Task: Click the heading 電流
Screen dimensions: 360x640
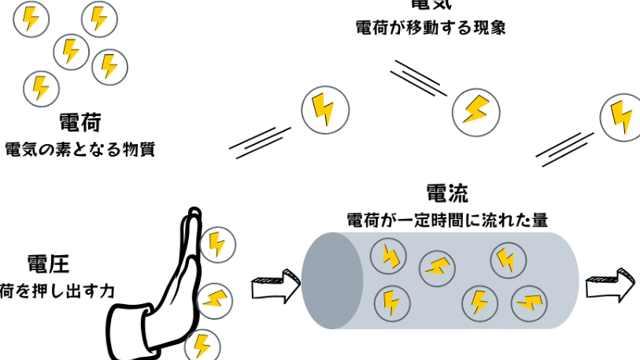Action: click(447, 194)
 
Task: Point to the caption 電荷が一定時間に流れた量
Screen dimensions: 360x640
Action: click(447, 220)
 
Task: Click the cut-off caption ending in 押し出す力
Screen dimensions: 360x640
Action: click(57, 291)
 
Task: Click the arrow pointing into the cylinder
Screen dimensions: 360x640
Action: click(274, 287)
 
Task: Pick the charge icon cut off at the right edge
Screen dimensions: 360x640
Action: click(622, 117)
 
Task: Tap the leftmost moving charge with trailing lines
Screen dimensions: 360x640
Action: click(323, 109)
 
